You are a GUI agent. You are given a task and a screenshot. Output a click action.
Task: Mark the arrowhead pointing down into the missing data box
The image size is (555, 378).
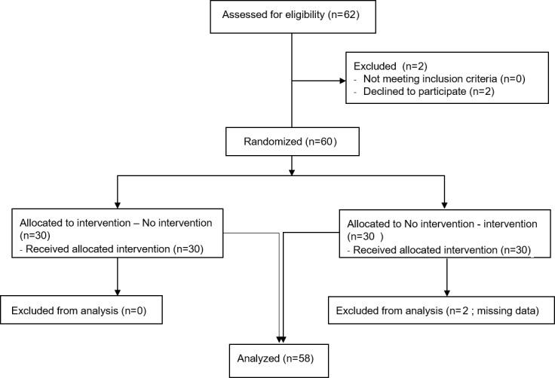pyautogui.click(x=447, y=291)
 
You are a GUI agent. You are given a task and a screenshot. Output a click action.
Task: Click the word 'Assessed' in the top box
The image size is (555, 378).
pyautogui.click(x=242, y=17)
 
